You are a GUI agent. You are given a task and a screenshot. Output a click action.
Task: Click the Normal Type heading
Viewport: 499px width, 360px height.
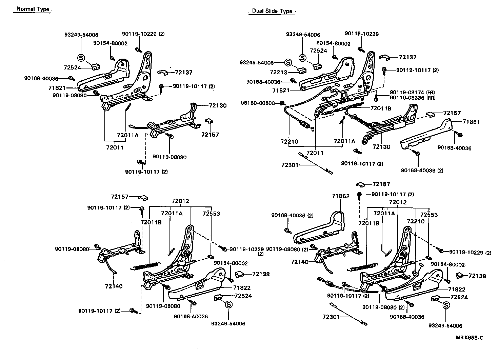coord(33,9)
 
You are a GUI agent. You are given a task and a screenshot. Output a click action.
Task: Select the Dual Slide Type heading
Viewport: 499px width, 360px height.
coord(272,11)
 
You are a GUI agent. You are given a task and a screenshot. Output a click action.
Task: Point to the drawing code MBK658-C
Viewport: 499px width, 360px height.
coord(469,338)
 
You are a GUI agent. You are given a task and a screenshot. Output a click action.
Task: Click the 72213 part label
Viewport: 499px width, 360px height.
coord(279,72)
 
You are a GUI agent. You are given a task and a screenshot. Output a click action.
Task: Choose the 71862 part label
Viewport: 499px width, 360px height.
coord(340,196)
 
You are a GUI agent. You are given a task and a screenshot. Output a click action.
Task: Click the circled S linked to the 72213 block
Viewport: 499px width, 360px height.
coord(287,62)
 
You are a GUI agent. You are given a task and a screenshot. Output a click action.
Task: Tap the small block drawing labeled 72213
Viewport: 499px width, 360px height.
coord(301,71)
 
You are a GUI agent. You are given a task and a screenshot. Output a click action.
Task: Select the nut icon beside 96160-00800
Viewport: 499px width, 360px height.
coord(281,103)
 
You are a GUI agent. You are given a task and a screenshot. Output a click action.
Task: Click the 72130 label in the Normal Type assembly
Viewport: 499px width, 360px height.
coord(218,105)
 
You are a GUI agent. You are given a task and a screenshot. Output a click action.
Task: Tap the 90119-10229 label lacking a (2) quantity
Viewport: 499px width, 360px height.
coord(362,34)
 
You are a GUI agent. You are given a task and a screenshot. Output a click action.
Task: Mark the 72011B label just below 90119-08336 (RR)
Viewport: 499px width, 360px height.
coord(381,108)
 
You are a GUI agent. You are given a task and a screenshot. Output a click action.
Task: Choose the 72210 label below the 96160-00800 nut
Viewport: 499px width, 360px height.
coord(290,141)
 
